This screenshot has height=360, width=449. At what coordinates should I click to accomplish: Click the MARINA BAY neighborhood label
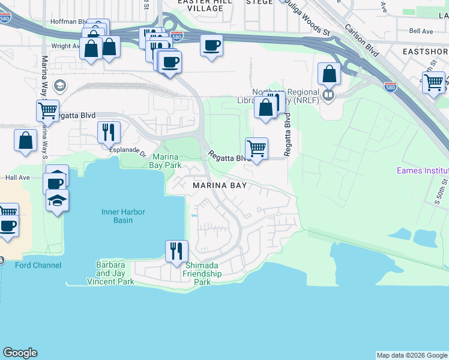[222, 185]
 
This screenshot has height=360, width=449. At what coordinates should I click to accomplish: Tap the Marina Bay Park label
[165, 160]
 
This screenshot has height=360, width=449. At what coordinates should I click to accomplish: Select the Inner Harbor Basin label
[122, 216]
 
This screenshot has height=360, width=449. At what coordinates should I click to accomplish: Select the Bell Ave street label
[421, 31]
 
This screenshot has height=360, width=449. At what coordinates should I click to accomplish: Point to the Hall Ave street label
[17, 178]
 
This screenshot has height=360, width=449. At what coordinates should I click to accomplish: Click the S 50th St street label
[444, 192]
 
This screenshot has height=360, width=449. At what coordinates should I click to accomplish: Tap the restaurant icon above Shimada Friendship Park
[176, 250]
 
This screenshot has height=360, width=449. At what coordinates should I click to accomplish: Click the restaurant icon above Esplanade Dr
[109, 131]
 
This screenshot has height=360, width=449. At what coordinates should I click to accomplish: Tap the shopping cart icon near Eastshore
[433, 82]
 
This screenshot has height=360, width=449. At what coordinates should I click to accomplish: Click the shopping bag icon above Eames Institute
[329, 74]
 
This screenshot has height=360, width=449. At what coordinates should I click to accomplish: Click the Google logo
[20, 353]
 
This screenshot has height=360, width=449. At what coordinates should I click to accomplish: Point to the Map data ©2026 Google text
[412, 355]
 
